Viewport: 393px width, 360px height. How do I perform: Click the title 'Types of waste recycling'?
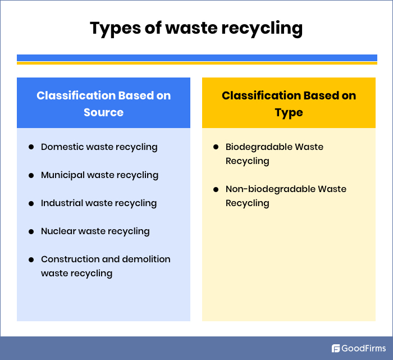click(196, 28)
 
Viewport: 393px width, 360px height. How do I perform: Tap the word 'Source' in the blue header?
click(103, 112)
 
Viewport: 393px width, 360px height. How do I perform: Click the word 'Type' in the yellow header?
click(289, 113)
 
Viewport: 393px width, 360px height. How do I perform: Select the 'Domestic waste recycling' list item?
click(99, 147)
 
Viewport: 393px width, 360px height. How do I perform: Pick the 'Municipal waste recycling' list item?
click(99, 175)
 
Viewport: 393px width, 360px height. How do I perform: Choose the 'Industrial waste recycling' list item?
click(99, 203)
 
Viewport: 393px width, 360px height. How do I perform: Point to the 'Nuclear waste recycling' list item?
click(95, 231)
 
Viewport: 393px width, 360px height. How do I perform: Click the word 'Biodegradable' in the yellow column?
click(259, 147)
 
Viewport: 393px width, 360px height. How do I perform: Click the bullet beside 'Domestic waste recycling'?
click(31, 147)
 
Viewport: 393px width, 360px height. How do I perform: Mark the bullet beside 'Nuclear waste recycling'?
click(31, 231)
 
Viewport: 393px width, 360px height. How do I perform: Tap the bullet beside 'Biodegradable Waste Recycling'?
click(216, 147)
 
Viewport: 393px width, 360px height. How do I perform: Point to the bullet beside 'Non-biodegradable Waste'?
click(216, 189)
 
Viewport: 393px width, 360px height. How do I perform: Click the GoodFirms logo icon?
click(336, 348)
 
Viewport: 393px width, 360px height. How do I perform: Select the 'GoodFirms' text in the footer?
click(363, 348)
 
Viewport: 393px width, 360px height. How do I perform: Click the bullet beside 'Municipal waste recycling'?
click(31, 175)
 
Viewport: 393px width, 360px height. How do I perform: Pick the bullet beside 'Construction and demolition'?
click(31, 259)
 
